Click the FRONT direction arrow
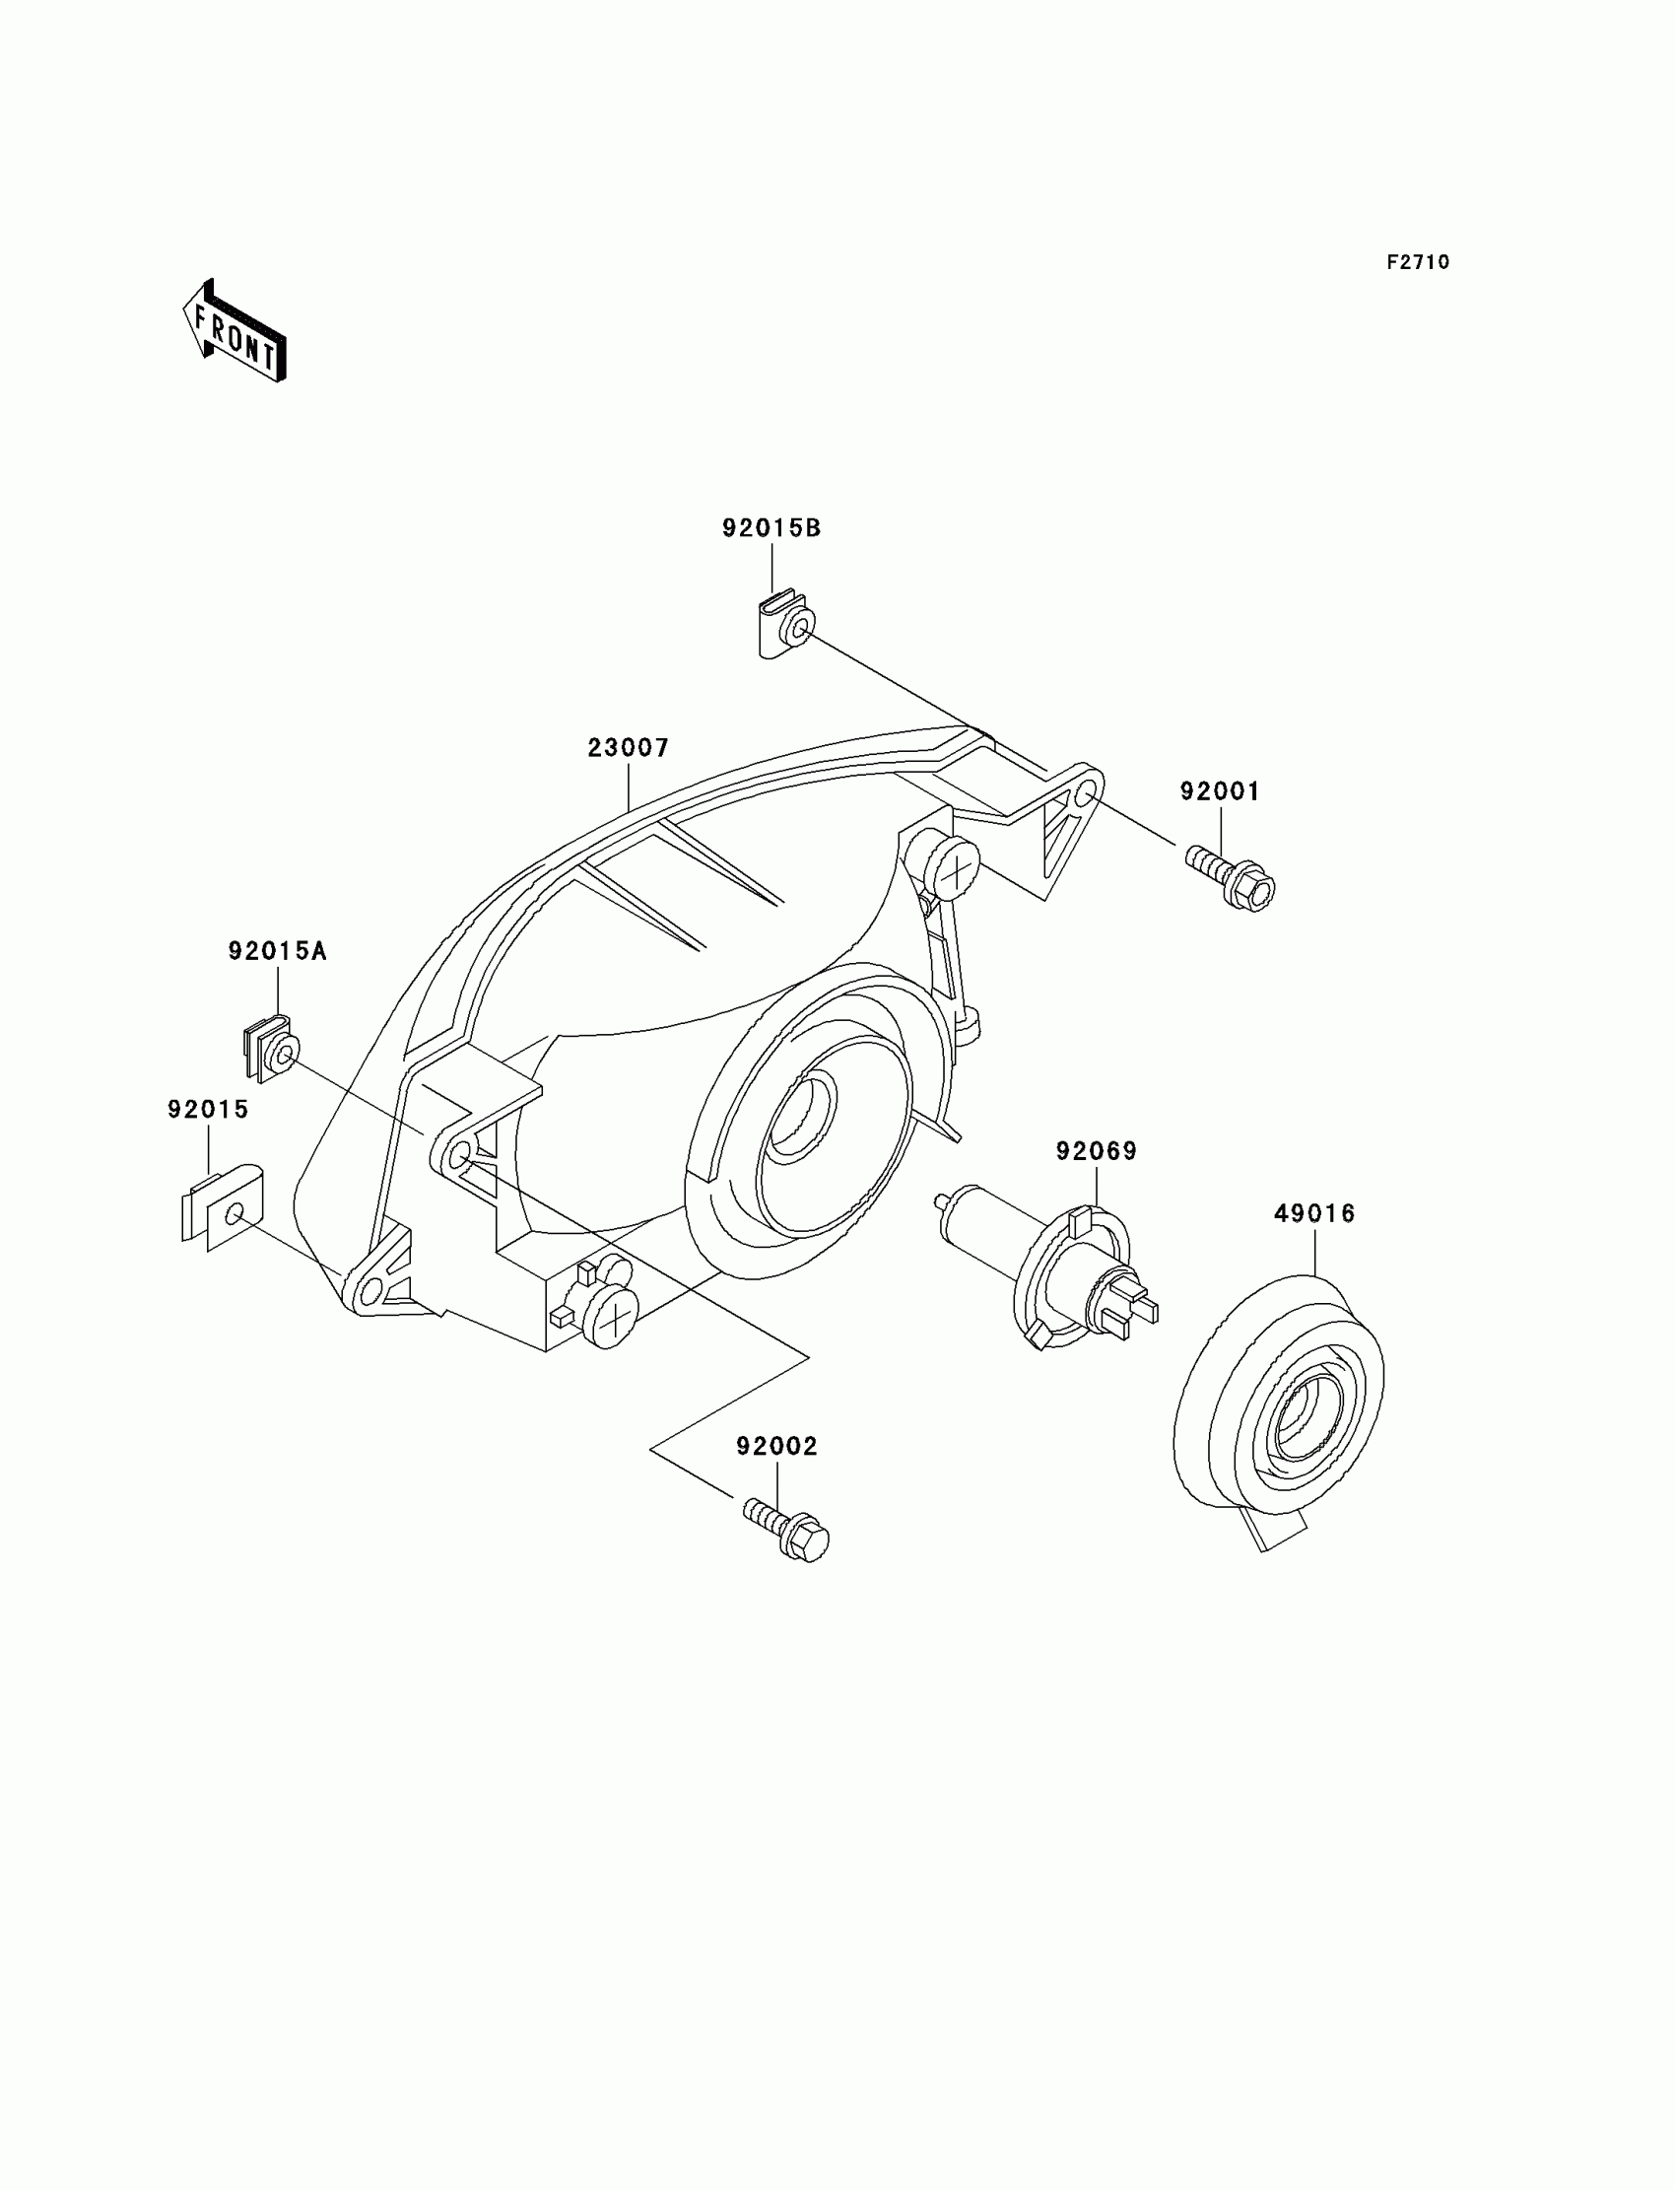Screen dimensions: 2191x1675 point(235,330)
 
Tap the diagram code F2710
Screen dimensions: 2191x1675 point(1418,262)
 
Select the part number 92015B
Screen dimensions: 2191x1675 point(770,528)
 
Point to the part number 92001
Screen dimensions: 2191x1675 point(1220,791)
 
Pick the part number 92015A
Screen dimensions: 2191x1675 point(277,951)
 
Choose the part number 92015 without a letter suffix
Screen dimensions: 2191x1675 point(207,1110)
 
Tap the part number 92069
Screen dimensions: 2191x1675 point(1096,1152)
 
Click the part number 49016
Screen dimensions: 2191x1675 point(1314,1213)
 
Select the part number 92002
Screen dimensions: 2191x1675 point(776,1446)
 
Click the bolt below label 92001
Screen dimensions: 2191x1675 point(1233,876)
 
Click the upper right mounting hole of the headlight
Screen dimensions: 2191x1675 point(1085,793)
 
